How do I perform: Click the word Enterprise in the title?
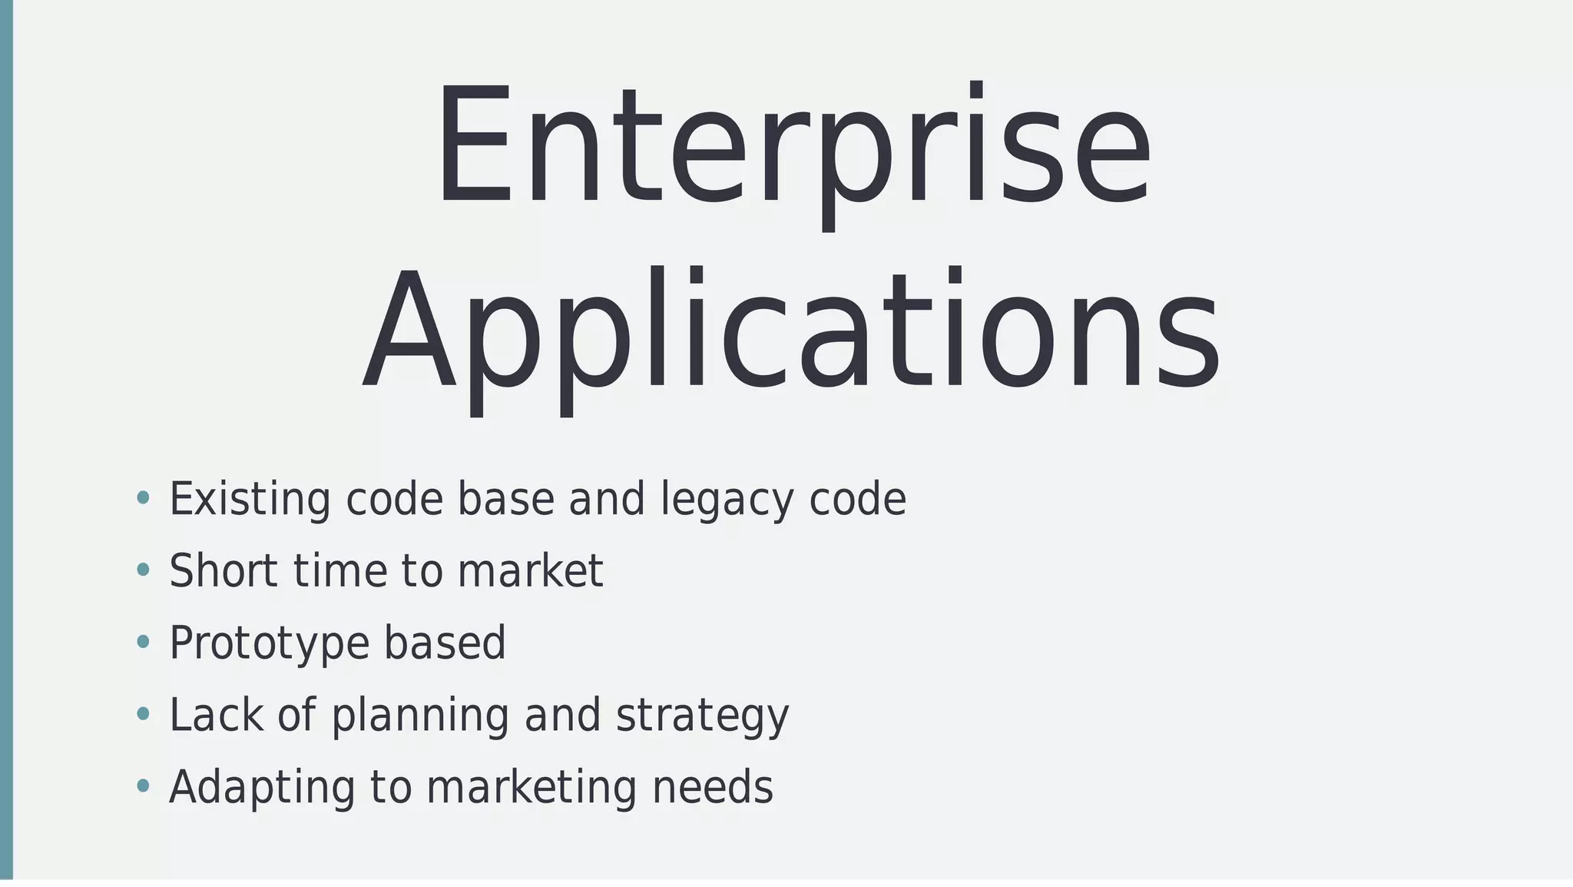click(793, 146)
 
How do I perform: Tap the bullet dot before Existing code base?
click(143, 498)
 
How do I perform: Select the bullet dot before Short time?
click(143, 570)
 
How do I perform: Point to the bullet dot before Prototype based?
click(143, 642)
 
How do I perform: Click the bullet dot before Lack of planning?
click(143, 714)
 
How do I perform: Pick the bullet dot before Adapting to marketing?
click(143, 786)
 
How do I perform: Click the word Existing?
click(250, 500)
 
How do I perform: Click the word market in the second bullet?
click(530, 571)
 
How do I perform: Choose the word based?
click(445, 643)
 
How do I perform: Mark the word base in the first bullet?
click(506, 500)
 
